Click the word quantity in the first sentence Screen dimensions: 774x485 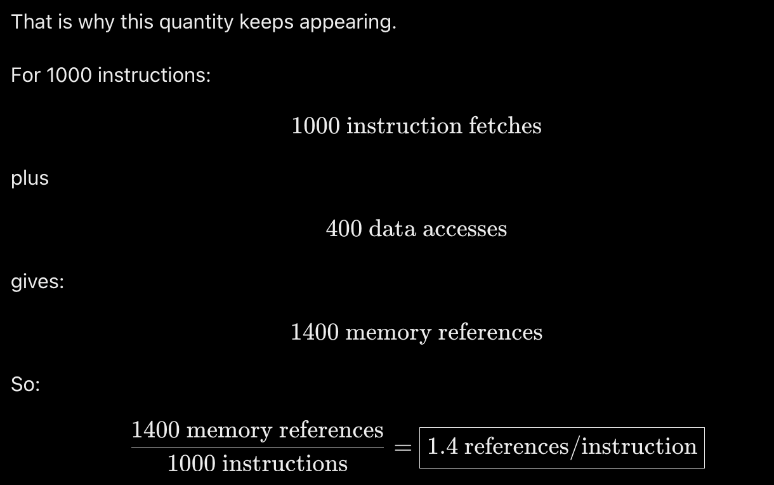pos(196,23)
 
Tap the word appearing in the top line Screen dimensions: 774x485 pos(347,23)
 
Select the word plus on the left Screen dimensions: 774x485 pos(30,179)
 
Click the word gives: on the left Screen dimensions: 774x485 pos(37,282)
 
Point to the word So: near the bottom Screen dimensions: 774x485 pos(25,384)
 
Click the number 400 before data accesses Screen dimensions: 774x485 pos(344,229)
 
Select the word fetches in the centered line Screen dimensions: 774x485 pos(505,125)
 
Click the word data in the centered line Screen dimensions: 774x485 pos(393,229)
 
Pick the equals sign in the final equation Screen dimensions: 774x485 pos(403,448)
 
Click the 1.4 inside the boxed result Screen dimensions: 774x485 pos(443,446)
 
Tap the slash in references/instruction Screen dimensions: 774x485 pos(574,448)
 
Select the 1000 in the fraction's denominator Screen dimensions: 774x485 pos(192,463)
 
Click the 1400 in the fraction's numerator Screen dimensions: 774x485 pos(156,430)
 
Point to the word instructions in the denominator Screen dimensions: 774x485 pos(285,463)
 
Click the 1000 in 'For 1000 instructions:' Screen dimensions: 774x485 pos(69,75)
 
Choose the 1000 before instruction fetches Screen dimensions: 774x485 pos(316,126)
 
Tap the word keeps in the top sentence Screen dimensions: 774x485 pos(266,23)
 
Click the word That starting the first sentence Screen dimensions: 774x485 pos(32,22)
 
